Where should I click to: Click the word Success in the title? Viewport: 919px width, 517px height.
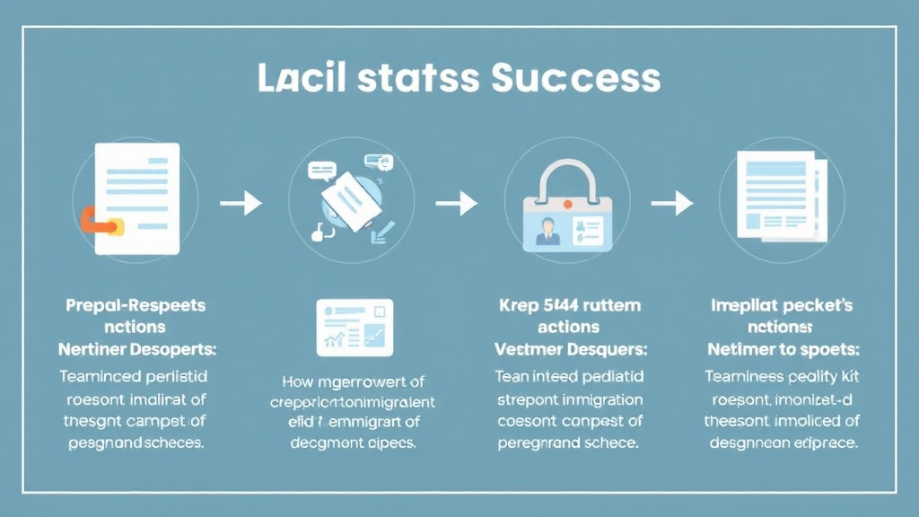click(x=576, y=80)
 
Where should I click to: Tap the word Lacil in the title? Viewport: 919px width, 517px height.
click(x=296, y=79)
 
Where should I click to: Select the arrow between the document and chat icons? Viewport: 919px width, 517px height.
click(x=241, y=204)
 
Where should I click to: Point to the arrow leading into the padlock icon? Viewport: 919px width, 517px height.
click(x=457, y=204)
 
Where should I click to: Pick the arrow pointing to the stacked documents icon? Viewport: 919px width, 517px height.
click(x=672, y=204)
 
